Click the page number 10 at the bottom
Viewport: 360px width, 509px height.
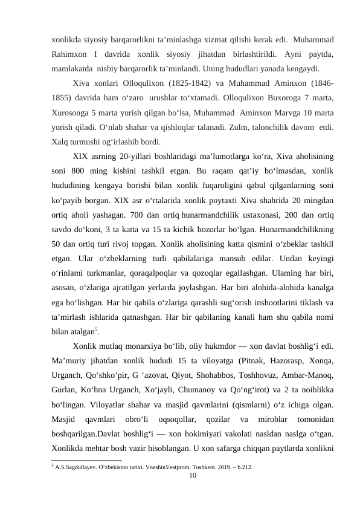click(x=192, y=476)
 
